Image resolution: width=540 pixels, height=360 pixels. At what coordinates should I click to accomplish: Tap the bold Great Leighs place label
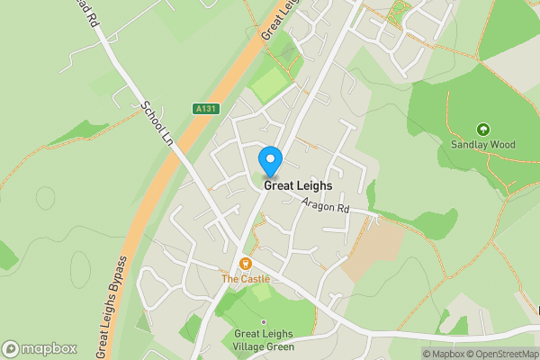(298, 186)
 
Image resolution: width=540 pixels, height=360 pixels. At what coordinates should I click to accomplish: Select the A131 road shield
(206, 109)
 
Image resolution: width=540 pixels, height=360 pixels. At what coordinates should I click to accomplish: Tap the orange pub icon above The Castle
(245, 264)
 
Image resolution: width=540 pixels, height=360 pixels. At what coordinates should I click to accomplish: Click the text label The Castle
(246, 279)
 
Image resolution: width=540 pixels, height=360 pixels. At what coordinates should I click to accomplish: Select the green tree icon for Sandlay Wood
(482, 130)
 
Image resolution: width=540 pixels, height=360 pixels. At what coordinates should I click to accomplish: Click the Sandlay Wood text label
(482, 144)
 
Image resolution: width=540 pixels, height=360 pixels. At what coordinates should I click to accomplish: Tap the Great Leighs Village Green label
(264, 340)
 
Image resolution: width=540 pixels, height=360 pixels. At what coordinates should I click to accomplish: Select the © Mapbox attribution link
(442, 353)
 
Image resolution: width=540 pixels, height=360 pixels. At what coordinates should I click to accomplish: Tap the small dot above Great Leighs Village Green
(263, 321)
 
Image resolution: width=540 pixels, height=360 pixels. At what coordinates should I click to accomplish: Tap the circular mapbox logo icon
(11, 348)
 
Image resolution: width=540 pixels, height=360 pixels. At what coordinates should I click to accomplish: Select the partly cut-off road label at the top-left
(89, 16)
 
